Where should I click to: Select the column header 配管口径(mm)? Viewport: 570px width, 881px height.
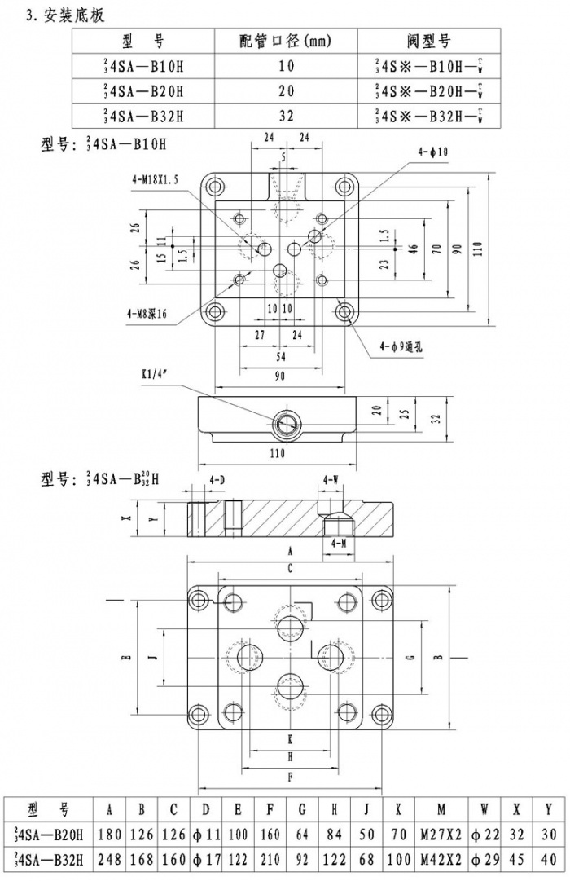(x=286, y=42)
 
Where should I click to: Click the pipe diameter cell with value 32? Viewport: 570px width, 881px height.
(x=286, y=116)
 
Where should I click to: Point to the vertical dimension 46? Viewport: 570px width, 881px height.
(x=414, y=248)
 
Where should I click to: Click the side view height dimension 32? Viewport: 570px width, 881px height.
(x=436, y=418)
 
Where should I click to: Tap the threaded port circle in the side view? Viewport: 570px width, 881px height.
(x=286, y=421)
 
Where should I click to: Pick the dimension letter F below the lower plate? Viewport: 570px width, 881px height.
(x=290, y=777)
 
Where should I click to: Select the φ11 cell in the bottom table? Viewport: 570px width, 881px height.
(x=206, y=835)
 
